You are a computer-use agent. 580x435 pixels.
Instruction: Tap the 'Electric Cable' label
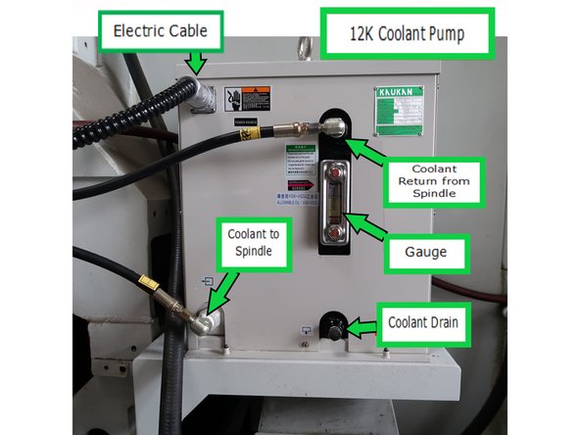[159, 31]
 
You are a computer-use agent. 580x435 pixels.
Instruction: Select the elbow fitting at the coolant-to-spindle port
[203, 319]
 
